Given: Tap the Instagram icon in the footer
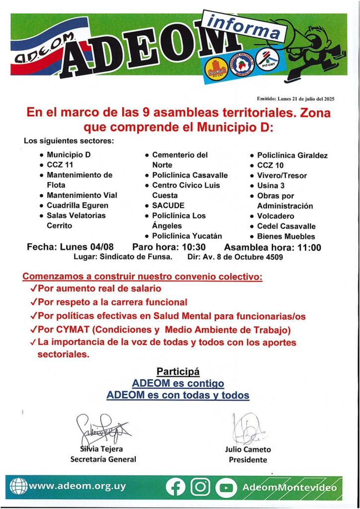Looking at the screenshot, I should tap(200, 487).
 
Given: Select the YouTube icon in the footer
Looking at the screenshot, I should tap(227, 487).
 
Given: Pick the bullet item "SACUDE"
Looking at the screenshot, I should tap(168, 205).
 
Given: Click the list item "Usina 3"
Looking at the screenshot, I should tap(270, 185).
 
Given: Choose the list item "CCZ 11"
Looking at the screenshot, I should tap(60, 165).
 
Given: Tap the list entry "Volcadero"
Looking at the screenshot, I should tap(275, 216).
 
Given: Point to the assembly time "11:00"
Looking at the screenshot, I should tap(308, 247).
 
